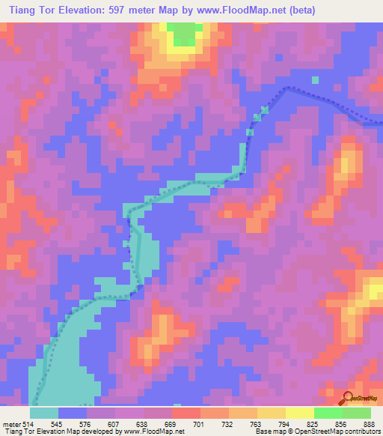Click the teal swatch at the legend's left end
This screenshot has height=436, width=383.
[x=44, y=413]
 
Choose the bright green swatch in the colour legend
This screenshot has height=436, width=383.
[x=328, y=413]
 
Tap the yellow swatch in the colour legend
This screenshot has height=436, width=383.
[x=300, y=413]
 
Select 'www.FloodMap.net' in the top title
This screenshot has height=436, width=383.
[x=243, y=10]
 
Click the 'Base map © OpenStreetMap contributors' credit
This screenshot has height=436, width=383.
[x=316, y=432]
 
